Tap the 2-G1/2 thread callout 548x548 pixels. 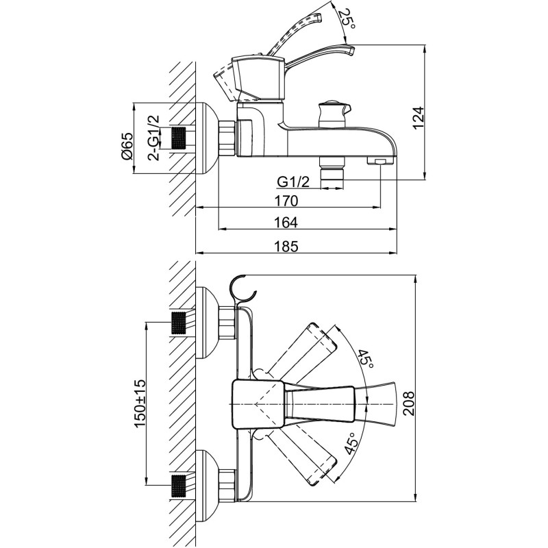pyautogui.click(x=154, y=137)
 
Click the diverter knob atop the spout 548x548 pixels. pyautogui.click(x=332, y=111)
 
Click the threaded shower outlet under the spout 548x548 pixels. pyautogui.click(x=332, y=172)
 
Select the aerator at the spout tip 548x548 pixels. pyautogui.click(x=379, y=162)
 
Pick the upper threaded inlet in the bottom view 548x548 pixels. pyautogui.click(x=179, y=323)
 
